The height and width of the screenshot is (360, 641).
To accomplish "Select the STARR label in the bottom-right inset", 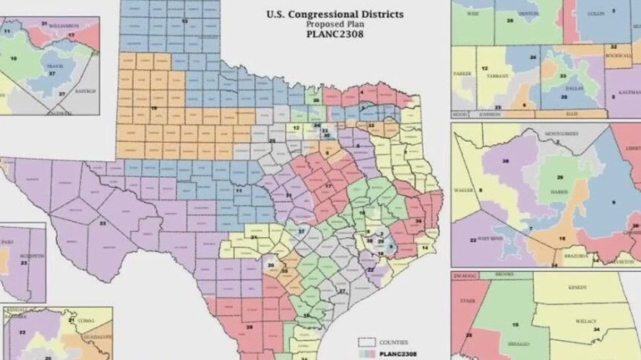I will [468, 302].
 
